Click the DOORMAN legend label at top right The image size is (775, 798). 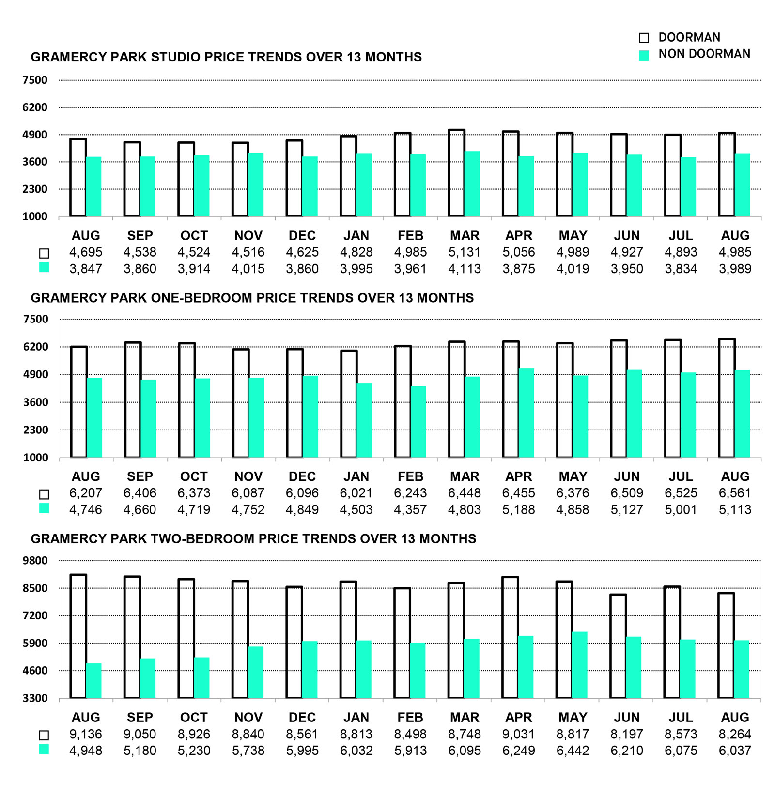689,37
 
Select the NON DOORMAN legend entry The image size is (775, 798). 704,54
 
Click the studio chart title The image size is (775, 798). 226,57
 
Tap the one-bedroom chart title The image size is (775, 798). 252,298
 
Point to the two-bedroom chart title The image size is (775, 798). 253,539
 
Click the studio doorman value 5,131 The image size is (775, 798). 465,252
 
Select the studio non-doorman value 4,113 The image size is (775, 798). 465,269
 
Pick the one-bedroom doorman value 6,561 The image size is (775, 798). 735,493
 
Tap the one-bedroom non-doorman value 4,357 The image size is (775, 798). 410,509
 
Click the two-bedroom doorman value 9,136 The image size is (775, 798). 86,734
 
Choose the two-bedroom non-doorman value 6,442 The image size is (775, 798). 573,751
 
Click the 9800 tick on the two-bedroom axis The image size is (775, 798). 35,561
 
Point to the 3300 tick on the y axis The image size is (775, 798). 35,698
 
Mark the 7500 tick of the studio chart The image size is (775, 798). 35,80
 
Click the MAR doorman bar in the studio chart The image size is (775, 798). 457,173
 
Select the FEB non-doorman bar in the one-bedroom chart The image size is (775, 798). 418,422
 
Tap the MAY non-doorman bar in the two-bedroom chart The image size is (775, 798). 579,665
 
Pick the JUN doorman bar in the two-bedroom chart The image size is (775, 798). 618,646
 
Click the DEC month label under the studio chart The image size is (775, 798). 302,236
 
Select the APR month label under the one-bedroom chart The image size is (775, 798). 519,476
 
